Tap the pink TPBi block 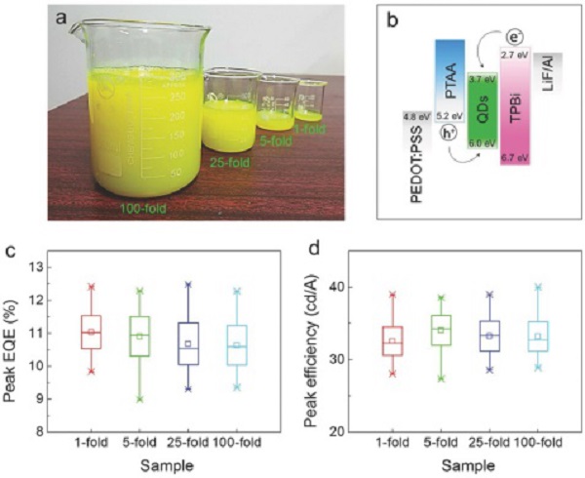point(513,117)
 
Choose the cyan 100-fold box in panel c point(236,344)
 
